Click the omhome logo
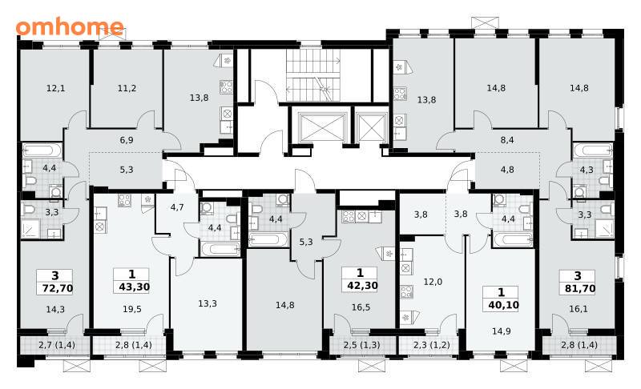tap(70, 26)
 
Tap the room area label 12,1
tap(55, 88)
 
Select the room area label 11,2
tap(127, 88)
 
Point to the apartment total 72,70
tap(58, 288)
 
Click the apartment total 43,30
tap(134, 287)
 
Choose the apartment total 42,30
tap(363, 285)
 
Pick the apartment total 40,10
tap(504, 305)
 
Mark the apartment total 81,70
tap(580, 289)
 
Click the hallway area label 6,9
tap(127, 140)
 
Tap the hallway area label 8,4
tap(507, 140)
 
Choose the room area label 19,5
tap(132, 310)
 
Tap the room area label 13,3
tap(208, 303)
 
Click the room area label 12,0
tap(433, 282)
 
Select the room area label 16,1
tap(579, 309)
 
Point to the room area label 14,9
tap(502, 331)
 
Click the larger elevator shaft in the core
tap(323, 127)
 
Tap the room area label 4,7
tap(177, 207)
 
